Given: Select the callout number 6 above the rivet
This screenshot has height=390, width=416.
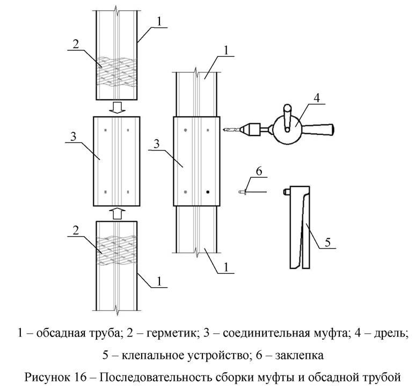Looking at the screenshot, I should tap(258, 171).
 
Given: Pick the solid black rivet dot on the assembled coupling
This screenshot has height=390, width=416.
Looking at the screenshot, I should tap(207, 191).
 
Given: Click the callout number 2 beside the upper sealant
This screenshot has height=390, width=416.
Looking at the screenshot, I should tap(76, 44).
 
